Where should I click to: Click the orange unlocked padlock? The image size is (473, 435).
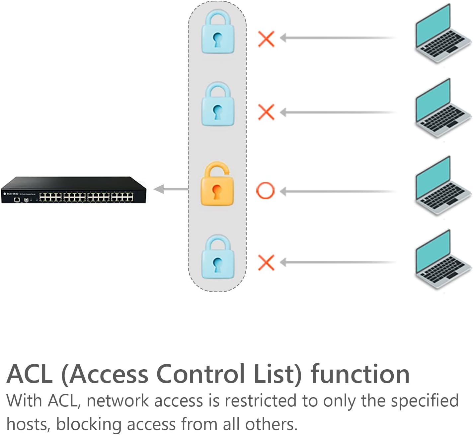click(x=217, y=184)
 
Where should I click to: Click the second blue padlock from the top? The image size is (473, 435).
click(x=218, y=105)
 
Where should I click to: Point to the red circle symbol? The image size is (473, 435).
click(x=266, y=191)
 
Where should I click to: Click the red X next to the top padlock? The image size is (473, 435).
click(x=266, y=39)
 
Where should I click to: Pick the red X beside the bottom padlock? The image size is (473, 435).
click(x=266, y=263)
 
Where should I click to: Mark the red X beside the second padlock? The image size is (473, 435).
click(x=266, y=112)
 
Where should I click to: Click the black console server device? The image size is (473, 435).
click(x=74, y=190)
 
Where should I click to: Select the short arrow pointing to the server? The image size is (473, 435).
click(x=171, y=189)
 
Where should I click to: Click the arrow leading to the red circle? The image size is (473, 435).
click(x=337, y=191)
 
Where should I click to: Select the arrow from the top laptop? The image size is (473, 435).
click(x=337, y=38)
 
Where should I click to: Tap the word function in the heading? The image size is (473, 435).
click(x=360, y=374)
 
